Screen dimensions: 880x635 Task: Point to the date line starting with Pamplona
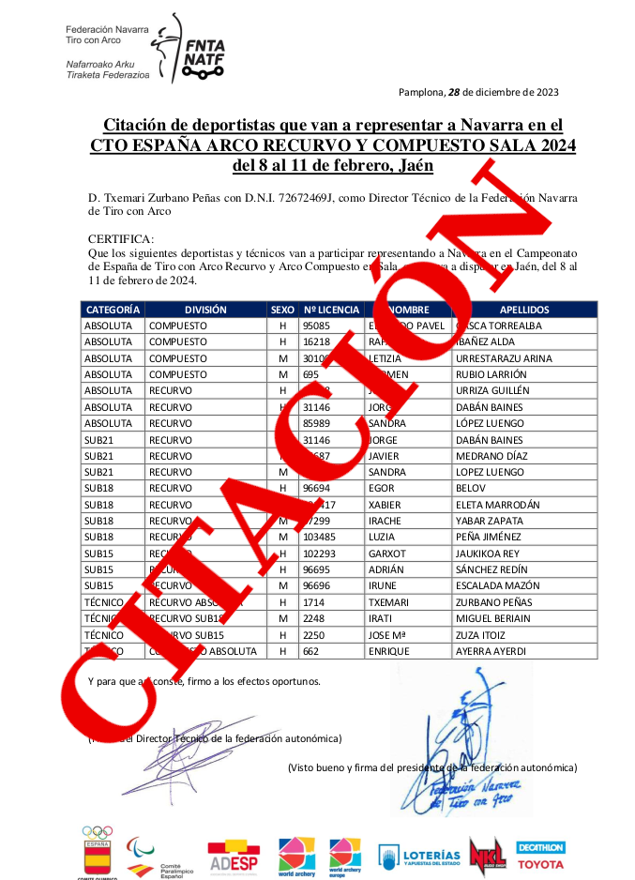pos(478,92)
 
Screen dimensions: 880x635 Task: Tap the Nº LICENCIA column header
pos(331,309)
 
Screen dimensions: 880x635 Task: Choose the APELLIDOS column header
pos(524,309)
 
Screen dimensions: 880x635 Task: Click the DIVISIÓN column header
pos(205,309)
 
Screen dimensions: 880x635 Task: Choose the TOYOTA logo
pos(541,863)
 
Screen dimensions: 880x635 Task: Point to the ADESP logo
pos(234,856)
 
